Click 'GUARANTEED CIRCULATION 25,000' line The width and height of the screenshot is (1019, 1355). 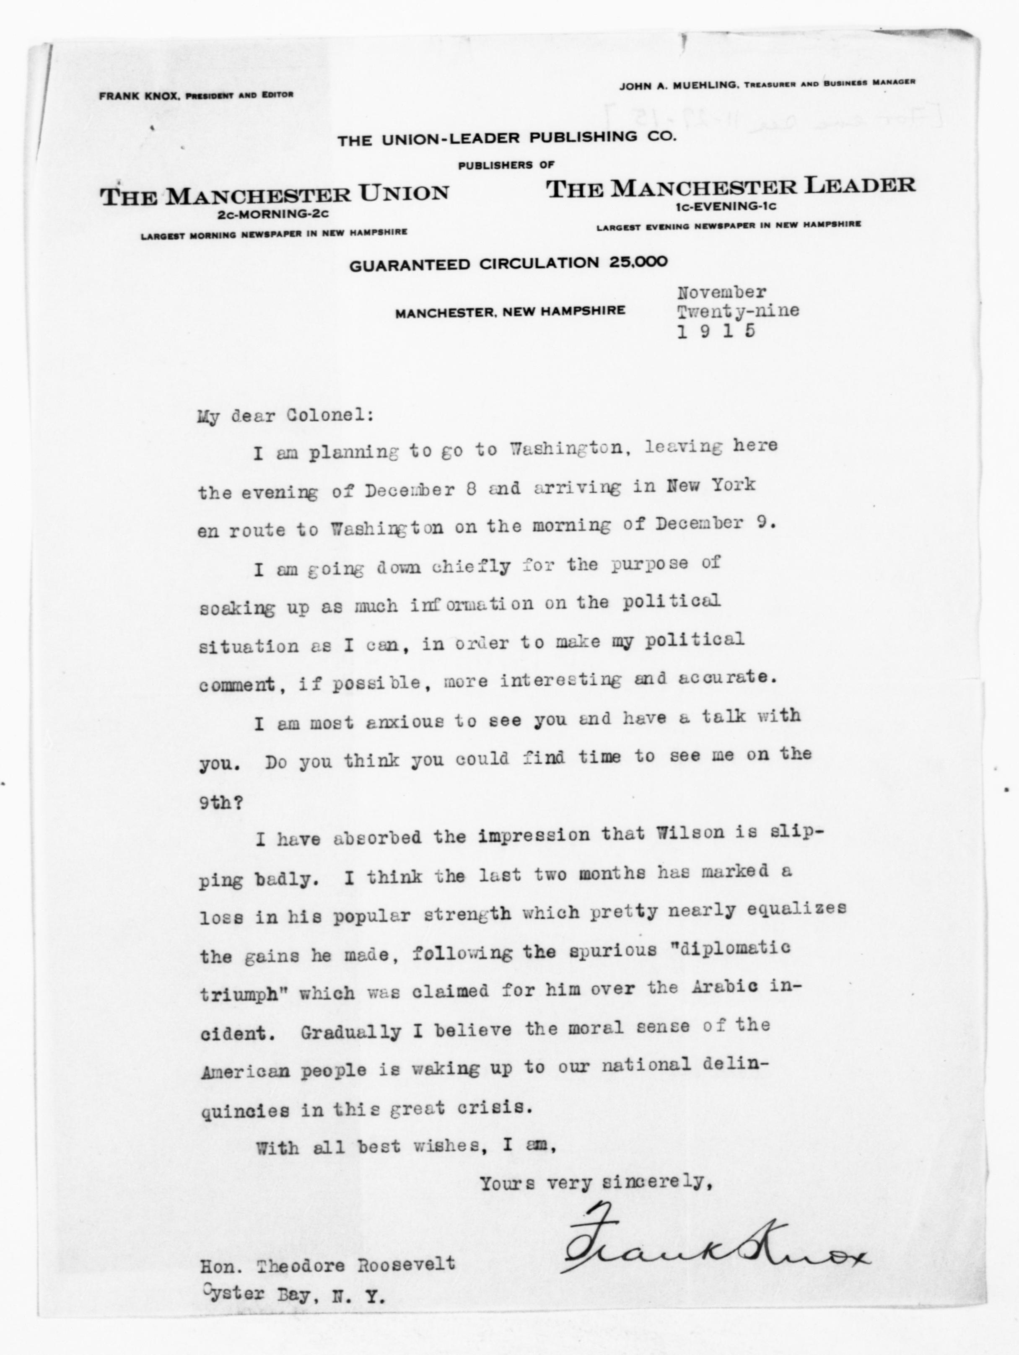click(508, 264)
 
